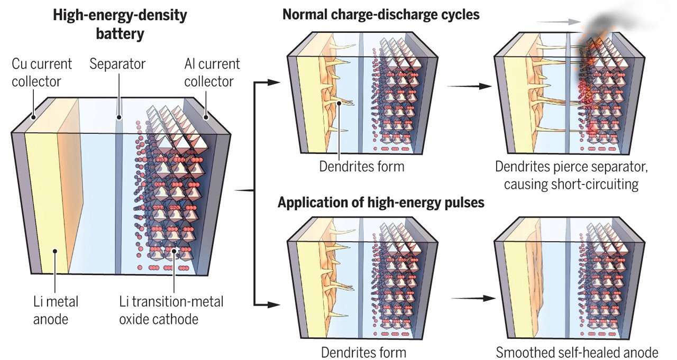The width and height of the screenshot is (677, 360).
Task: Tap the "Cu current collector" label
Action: point(42,73)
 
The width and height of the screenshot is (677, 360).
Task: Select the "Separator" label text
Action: point(117,64)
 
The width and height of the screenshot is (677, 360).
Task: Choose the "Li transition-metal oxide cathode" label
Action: point(171,310)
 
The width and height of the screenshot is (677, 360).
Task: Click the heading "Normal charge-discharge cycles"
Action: point(381,14)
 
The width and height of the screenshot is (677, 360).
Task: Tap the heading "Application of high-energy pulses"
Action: point(381,203)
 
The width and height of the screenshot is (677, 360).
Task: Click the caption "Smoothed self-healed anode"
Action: point(577,352)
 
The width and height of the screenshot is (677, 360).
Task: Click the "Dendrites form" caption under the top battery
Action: point(362,167)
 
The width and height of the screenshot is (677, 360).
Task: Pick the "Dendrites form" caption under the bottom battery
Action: point(363,352)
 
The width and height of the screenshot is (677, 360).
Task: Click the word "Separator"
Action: point(117,64)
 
